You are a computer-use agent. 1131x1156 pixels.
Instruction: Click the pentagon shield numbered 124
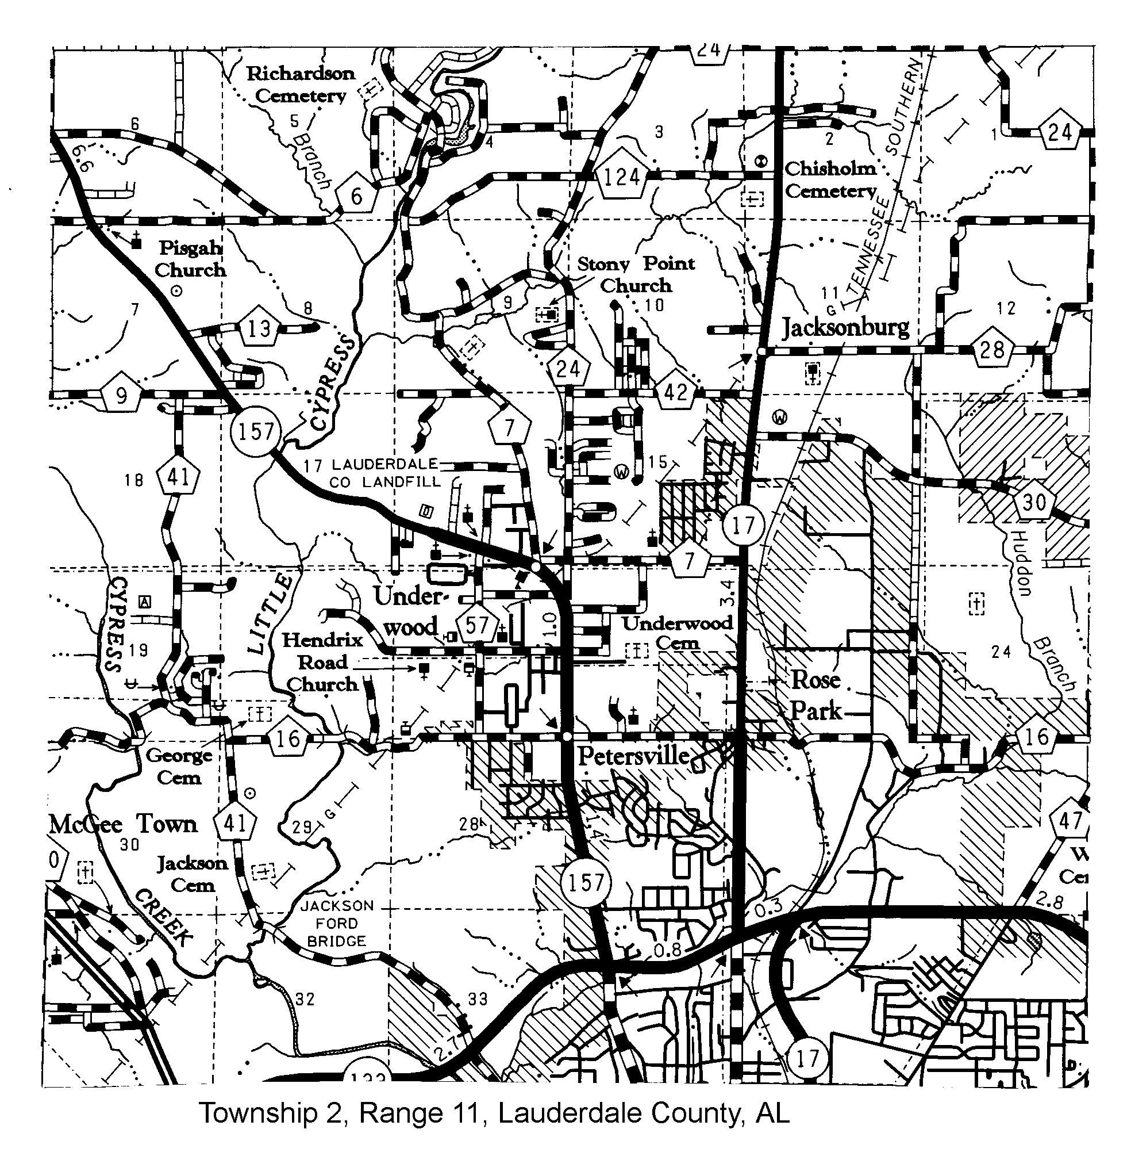click(x=621, y=177)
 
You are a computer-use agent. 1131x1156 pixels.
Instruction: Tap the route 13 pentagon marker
click(x=259, y=327)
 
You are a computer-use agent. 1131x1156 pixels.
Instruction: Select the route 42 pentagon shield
click(x=675, y=392)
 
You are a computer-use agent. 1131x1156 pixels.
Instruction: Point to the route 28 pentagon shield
click(x=992, y=350)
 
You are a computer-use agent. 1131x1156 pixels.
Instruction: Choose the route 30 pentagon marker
click(x=1034, y=503)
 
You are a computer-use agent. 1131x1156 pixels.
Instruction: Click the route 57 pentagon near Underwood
click(x=476, y=625)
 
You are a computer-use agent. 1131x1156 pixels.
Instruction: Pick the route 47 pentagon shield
click(x=1071, y=821)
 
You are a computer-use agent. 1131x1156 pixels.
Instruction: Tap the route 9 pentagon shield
click(x=122, y=395)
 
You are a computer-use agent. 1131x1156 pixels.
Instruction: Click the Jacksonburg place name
click(x=845, y=327)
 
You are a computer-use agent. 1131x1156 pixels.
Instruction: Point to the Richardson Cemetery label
click(x=300, y=85)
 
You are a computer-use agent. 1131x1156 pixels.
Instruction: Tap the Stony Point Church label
click(x=636, y=274)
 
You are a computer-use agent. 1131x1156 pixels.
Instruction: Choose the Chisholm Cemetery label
click(x=830, y=179)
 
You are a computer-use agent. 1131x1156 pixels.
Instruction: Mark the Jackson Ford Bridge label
click(x=337, y=924)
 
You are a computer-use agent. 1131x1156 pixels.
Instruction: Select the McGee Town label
click(x=123, y=824)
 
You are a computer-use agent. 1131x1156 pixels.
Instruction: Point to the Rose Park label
click(x=815, y=695)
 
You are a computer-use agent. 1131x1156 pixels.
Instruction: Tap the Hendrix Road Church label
click(x=322, y=662)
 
